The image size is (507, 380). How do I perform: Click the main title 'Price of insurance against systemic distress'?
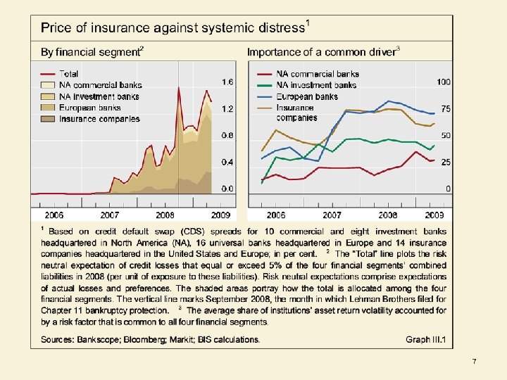pos(173,28)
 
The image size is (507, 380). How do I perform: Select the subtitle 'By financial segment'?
pos(91,52)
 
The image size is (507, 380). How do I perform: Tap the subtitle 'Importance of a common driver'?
pos(321,52)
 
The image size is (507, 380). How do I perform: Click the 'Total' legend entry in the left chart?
pos(69,74)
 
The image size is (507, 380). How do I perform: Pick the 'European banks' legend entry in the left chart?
pos(89,108)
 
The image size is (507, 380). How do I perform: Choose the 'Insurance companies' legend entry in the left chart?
pos(99,119)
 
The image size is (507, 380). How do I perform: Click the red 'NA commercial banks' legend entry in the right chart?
pos(318,74)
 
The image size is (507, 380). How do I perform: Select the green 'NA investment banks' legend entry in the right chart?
pos(316,85)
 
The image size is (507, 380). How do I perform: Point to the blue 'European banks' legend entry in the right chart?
pos(307,96)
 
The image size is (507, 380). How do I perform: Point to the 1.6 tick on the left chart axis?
pos(227,82)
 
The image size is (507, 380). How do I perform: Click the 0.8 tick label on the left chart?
pos(227,135)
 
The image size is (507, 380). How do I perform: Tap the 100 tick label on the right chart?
pos(443,82)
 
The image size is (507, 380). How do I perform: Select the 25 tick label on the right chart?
pos(445,162)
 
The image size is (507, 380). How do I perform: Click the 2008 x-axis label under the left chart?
pos(165,215)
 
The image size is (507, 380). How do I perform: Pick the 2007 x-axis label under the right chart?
pos(332,215)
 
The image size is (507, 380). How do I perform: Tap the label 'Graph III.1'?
pos(426,339)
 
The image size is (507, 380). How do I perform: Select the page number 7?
pos(474,362)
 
